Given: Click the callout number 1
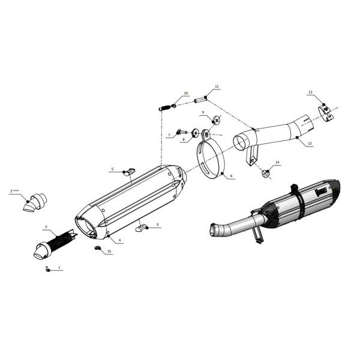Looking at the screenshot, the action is click(x=59, y=268).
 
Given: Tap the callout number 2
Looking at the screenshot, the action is click(x=46, y=227).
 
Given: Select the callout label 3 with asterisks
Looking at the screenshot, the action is click(x=14, y=191).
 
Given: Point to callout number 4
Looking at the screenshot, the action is click(x=119, y=241).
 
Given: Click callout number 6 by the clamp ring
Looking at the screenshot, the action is click(x=231, y=176).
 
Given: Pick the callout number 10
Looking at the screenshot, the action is click(x=186, y=93).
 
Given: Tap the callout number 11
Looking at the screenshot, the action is click(x=217, y=86).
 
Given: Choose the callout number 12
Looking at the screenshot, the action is click(x=310, y=92).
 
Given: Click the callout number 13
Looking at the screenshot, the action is click(x=310, y=143).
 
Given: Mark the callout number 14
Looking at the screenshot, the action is click(x=277, y=163).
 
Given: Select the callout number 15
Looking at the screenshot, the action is click(x=109, y=251).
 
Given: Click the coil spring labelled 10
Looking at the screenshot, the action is click(x=166, y=107).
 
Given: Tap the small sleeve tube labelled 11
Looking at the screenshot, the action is click(x=200, y=100).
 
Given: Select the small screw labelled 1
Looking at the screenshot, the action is click(x=47, y=269).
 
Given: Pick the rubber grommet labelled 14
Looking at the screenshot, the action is click(x=265, y=173).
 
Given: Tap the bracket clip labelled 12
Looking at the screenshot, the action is click(x=326, y=113).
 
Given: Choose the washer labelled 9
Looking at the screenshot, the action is click(x=217, y=119).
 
